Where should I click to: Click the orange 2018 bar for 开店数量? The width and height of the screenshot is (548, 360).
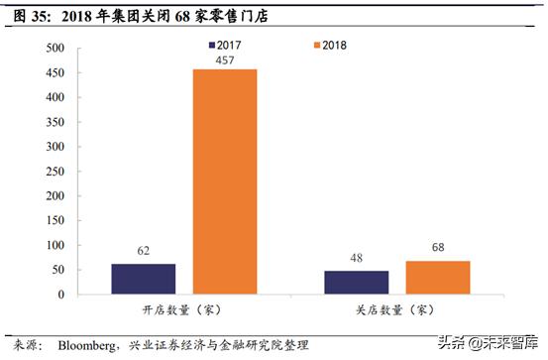click(225, 181)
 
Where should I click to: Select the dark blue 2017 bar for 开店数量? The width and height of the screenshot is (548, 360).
click(144, 279)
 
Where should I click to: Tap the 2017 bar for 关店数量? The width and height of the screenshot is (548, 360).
click(357, 283)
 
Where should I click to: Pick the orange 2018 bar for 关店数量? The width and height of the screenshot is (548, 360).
click(438, 278)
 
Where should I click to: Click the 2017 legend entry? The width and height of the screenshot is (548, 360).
click(226, 46)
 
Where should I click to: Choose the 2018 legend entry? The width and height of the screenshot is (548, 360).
click(326, 46)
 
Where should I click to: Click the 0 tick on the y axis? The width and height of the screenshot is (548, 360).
click(60, 295)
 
